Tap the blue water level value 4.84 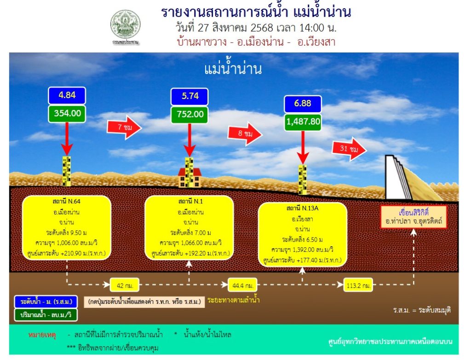tap(67, 96)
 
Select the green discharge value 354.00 tap(67, 113)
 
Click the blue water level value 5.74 tap(189, 97)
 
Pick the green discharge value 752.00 tap(189, 114)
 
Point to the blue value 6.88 tap(302, 104)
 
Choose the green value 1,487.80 tap(302, 121)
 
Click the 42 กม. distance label tap(125, 285)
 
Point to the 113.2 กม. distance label tap(358, 285)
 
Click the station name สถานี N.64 tap(67, 201)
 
